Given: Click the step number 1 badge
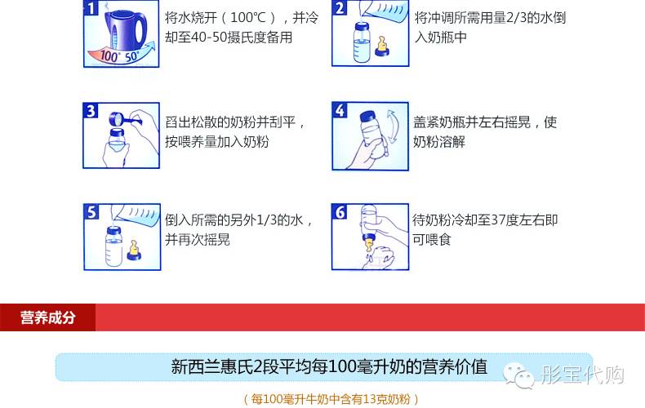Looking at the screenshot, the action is click(x=91, y=8).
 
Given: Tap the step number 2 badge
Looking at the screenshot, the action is click(x=340, y=8).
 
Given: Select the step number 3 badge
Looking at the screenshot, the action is click(x=91, y=111).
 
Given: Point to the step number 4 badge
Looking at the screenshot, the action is click(x=340, y=110).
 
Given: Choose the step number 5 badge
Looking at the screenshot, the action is click(x=91, y=212).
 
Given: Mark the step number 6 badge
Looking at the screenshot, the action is click(x=340, y=212).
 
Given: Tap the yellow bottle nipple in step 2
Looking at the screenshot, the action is click(x=382, y=46).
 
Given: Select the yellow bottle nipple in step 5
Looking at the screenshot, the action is click(x=134, y=250).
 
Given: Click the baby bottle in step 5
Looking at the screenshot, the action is click(x=113, y=246).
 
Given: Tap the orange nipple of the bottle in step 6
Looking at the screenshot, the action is click(x=369, y=243).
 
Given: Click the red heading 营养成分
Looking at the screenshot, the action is click(x=47, y=317).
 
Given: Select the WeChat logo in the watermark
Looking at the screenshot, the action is click(x=518, y=376).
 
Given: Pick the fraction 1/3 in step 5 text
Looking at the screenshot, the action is click(x=265, y=220).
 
